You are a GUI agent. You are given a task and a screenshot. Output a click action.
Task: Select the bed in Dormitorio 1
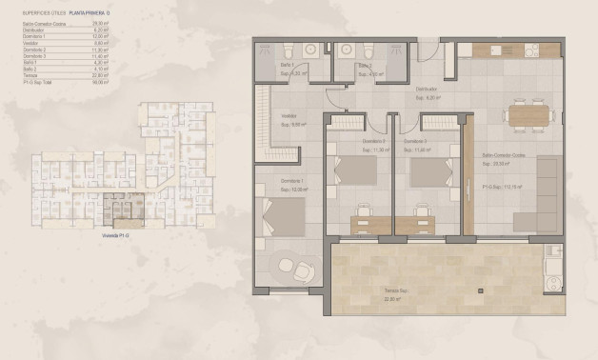(x=284, y=216)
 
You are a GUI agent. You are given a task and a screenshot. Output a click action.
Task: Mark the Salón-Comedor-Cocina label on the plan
(x=504, y=154)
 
